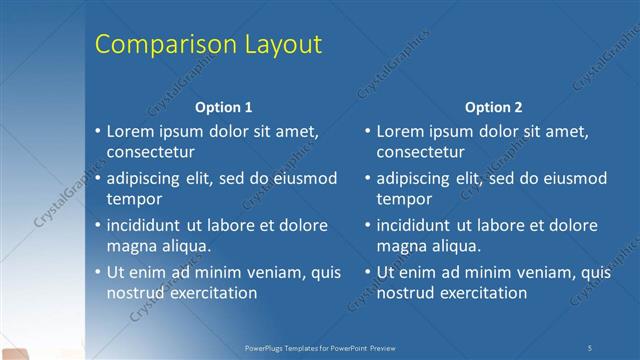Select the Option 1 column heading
[x=223, y=107]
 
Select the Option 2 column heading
[x=493, y=107]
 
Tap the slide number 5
[x=590, y=347]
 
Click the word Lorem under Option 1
[x=131, y=131]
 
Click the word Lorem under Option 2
[x=401, y=131]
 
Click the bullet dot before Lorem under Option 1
[x=98, y=132]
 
